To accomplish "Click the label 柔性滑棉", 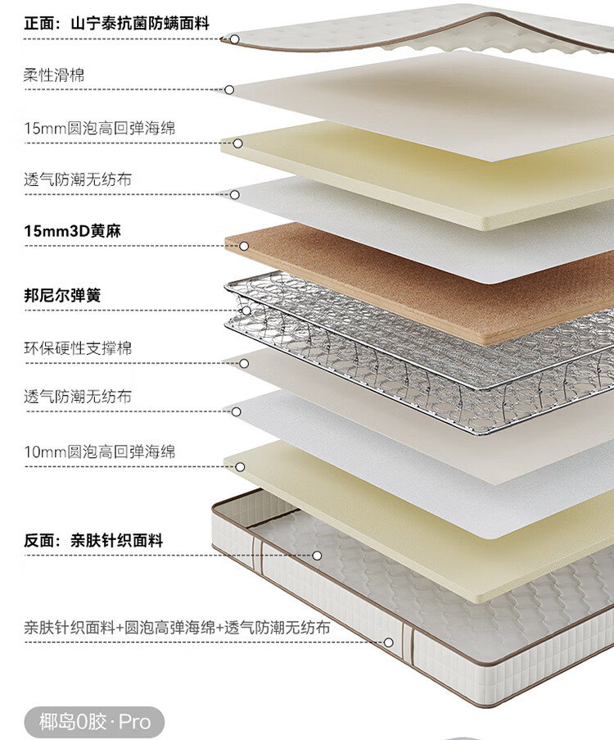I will [54, 75].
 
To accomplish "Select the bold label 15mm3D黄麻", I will [73, 232].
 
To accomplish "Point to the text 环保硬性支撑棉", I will [78, 348].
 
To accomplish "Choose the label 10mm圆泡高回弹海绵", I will [99, 452].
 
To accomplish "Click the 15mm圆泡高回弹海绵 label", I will [99, 129].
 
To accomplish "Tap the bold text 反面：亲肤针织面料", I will [93, 541].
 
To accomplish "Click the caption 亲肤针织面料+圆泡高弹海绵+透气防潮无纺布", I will [177, 628].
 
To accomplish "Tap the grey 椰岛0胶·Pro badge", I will [95, 722].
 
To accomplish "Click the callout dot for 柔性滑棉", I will [229, 89].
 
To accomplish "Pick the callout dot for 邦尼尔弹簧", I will [246, 311].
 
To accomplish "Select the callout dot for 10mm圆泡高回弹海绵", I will [240, 467].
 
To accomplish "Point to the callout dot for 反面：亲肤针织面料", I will [317, 556].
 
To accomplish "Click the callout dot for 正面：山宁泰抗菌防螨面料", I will [234, 39].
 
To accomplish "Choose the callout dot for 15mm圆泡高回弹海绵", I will [237, 143].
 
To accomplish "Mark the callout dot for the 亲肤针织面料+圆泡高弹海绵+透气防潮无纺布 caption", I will [388, 642].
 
